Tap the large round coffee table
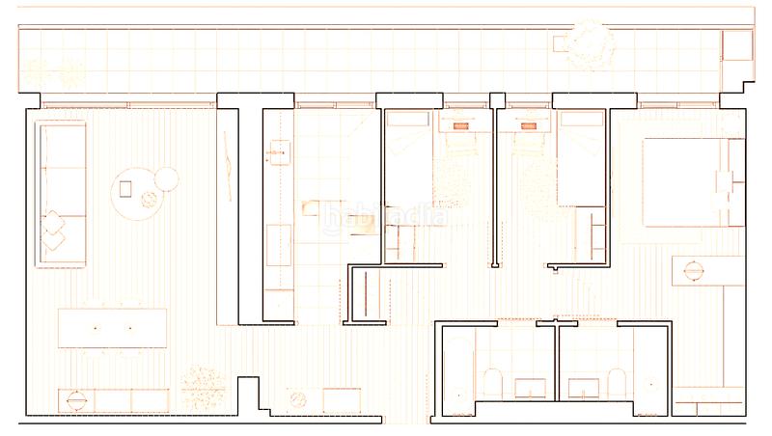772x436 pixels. tap(135, 196)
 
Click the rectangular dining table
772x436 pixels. tap(112, 328)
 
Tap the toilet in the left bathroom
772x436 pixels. tap(491, 383)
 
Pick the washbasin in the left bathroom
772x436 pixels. tap(530, 389)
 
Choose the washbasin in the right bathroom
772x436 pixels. tap(582, 389)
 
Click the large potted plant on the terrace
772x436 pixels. tap(588, 43)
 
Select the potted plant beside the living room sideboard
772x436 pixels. tap(203, 386)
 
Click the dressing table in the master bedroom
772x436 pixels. tap(706, 271)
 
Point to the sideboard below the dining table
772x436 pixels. tap(114, 398)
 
